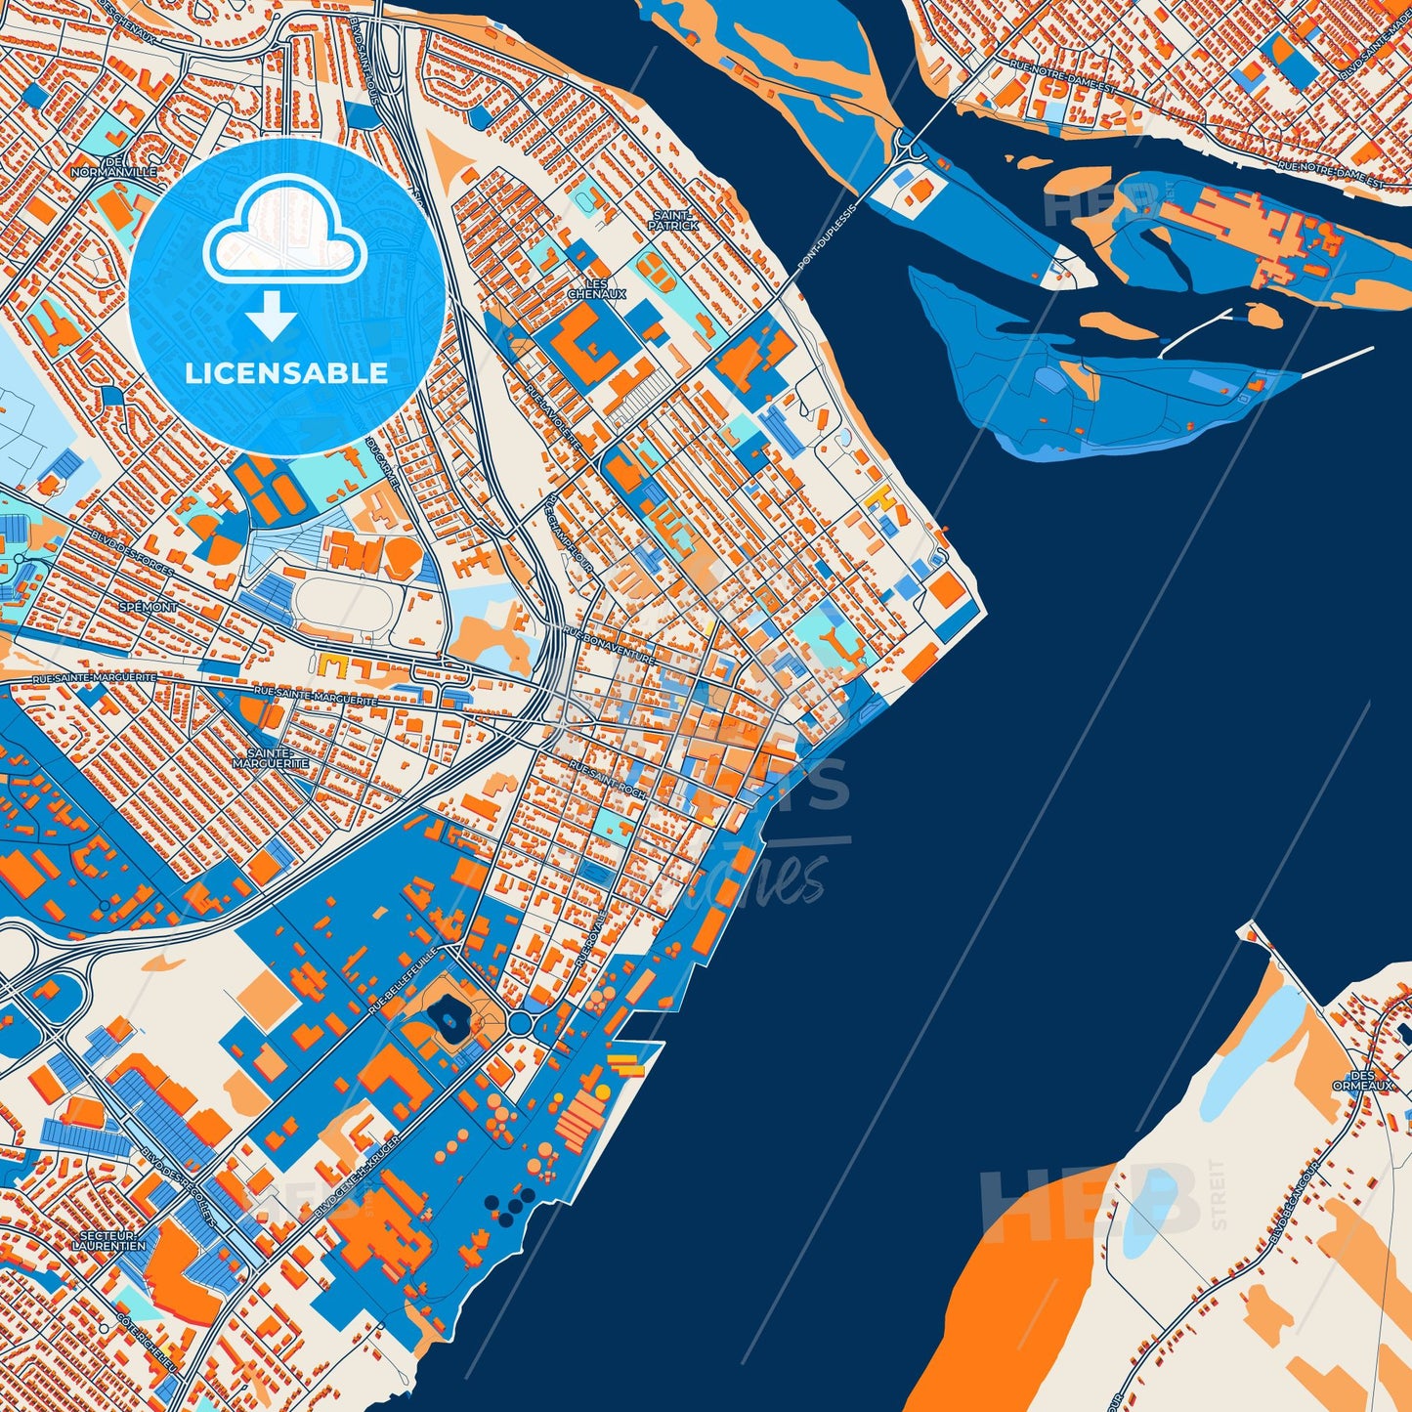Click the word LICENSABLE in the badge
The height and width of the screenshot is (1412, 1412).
pyautogui.click(x=286, y=373)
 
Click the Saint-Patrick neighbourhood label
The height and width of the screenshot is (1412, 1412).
pyautogui.click(x=674, y=221)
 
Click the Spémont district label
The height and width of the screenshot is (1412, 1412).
pyautogui.click(x=148, y=607)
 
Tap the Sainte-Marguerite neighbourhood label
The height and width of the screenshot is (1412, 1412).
pyautogui.click(x=271, y=758)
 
